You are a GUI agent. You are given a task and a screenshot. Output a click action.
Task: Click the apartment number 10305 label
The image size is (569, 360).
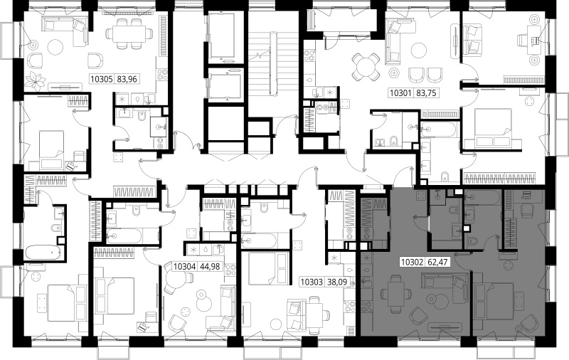pos(102,79)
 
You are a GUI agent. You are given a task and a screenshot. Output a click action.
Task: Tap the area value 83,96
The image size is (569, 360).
pos(127,79)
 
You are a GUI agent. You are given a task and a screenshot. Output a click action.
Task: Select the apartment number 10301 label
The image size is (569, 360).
pos(400,93)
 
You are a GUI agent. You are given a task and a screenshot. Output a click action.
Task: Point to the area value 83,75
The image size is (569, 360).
pos(426,93)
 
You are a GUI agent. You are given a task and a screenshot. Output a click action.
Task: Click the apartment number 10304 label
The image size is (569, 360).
pos(185,266)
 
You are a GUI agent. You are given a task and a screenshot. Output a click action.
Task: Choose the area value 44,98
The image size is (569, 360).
pos(210,266)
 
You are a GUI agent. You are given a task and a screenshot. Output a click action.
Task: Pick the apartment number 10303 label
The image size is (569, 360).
pos(312,282)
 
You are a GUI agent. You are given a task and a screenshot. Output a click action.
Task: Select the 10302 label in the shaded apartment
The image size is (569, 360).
pos(413,262)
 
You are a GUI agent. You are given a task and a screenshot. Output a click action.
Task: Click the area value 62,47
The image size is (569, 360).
pos(437,262)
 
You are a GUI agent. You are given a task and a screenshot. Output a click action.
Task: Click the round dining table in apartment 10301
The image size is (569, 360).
pos(366,67)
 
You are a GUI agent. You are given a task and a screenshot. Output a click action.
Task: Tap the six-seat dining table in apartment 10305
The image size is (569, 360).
pos(129,33)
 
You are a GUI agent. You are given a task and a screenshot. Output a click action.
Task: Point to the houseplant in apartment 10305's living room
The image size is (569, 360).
pos(36,81)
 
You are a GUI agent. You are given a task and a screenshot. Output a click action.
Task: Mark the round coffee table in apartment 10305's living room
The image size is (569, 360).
pos(55,47)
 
